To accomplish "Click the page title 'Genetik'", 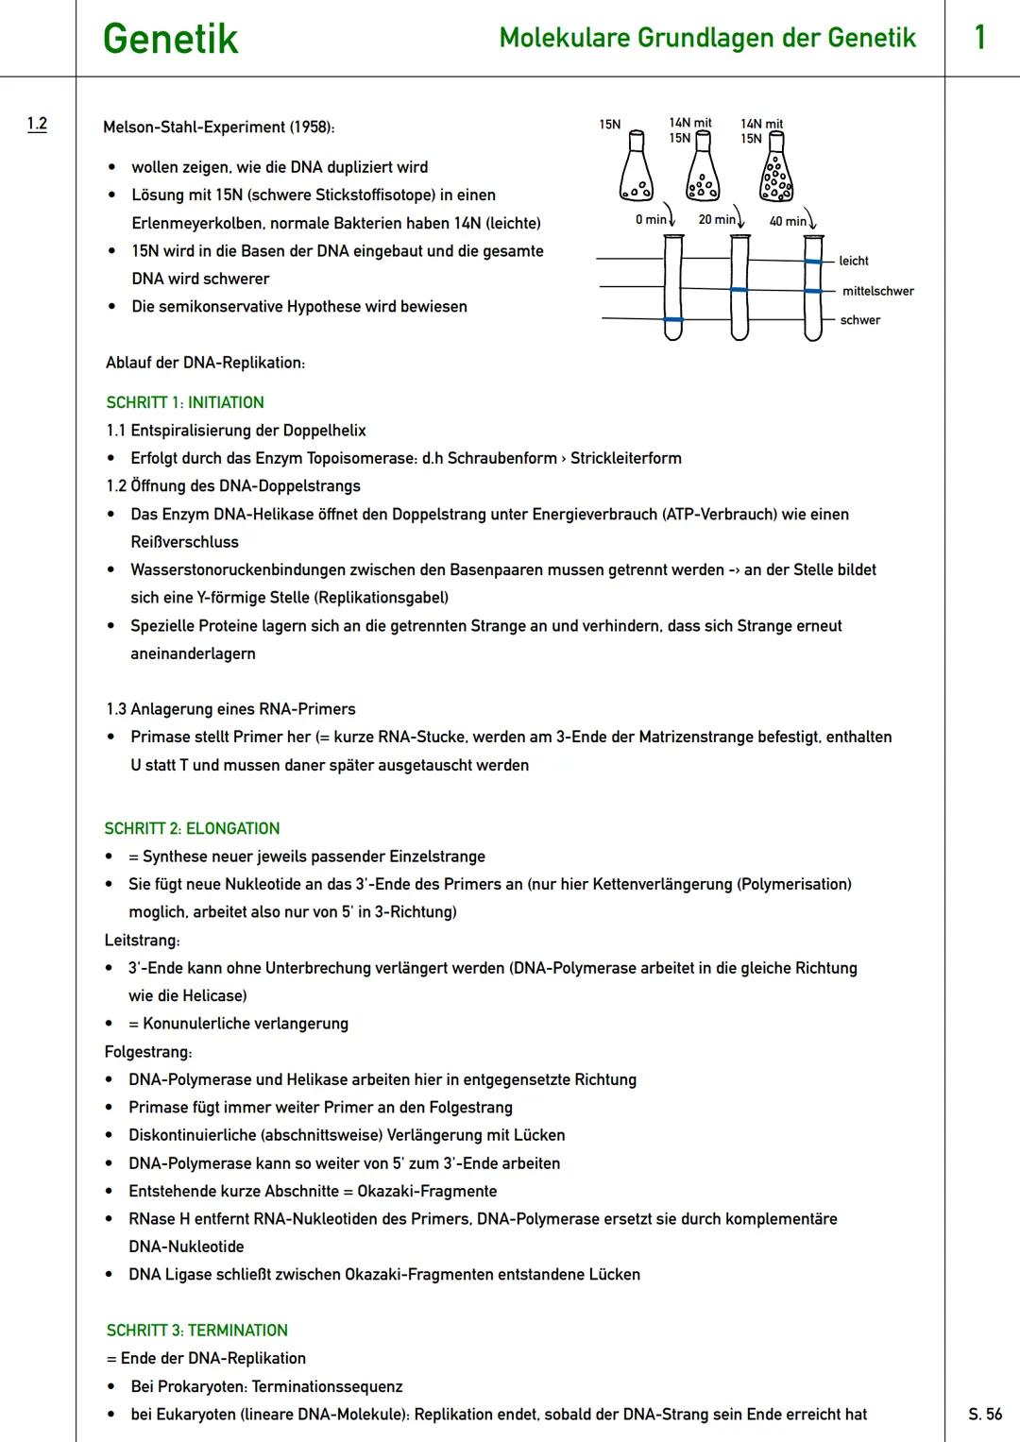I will click(170, 39).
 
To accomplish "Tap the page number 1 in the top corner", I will click(979, 38).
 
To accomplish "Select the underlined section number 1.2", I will click(37, 124).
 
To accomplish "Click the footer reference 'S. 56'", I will click(985, 1414).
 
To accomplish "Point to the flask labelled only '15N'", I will click(636, 169).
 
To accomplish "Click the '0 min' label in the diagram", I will click(650, 219).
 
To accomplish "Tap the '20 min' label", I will click(717, 219).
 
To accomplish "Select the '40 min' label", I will click(788, 221).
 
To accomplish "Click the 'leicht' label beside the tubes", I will click(853, 261).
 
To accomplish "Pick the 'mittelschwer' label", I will click(877, 291).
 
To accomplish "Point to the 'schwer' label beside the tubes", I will click(859, 320).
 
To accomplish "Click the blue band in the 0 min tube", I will click(672, 320).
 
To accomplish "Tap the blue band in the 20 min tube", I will click(739, 289).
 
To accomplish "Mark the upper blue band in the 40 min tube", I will click(813, 261).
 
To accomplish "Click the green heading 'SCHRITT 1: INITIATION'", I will click(185, 402).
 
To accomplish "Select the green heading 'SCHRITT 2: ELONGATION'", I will click(192, 828).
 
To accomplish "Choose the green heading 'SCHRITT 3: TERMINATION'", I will click(196, 1330).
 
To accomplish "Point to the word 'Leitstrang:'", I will click(142, 940).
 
